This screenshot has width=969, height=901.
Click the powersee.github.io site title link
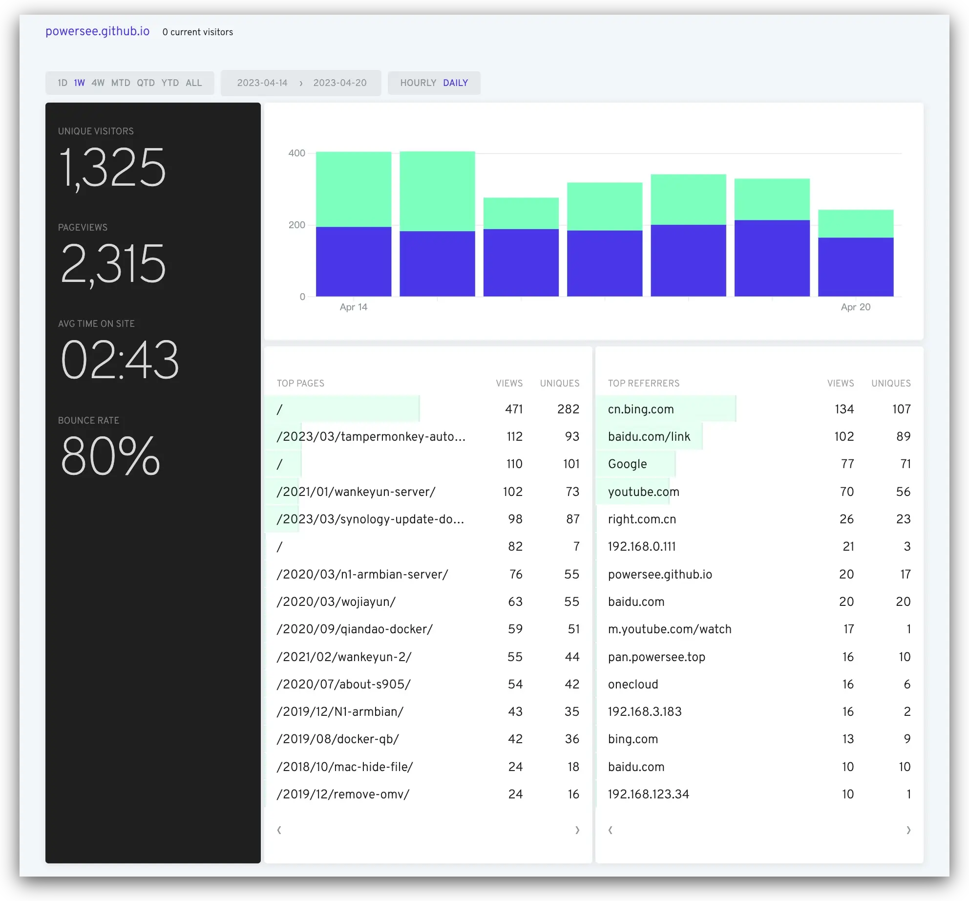(97, 31)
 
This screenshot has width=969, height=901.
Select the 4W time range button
(98, 83)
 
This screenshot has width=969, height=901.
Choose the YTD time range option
(170, 83)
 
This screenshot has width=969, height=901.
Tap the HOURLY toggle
(418, 83)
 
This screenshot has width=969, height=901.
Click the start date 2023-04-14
(262, 83)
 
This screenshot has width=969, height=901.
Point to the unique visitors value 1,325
(112, 168)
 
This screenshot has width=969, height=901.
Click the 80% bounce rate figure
(110, 456)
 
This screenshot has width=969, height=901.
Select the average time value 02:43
(120, 360)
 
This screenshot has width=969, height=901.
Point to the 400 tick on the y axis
(296, 153)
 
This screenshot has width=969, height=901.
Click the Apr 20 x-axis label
(855, 307)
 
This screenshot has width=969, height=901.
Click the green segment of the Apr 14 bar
(354, 189)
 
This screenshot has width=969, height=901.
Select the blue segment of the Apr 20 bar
(856, 267)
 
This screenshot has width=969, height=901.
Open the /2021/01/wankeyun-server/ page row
(356, 492)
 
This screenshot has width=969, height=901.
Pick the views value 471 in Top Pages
(514, 409)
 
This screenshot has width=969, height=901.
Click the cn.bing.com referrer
(641, 409)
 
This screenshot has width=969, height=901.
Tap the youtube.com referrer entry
(644, 492)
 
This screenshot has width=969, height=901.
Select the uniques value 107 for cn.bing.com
(901, 409)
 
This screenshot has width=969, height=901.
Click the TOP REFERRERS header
(644, 384)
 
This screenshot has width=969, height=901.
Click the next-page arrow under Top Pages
(577, 830)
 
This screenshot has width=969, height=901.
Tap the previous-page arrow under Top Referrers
(611, 830)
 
